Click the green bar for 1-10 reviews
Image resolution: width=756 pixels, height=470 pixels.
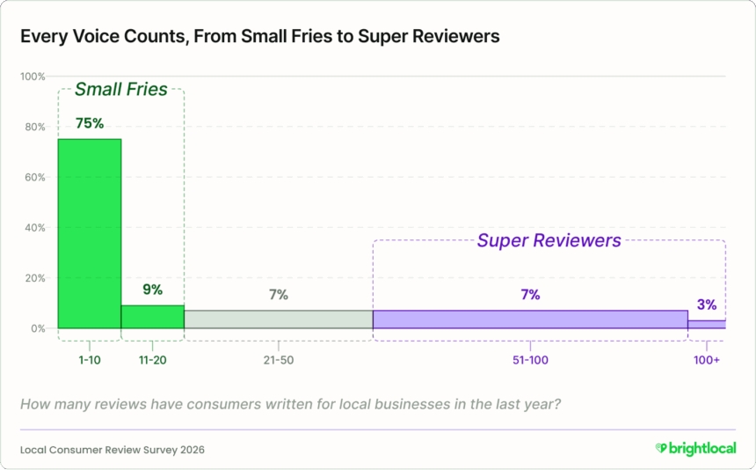tap(90, 233)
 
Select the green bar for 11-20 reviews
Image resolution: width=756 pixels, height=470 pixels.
tap(152, 317)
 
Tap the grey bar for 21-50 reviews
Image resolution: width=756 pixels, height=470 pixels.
tap(278, 319)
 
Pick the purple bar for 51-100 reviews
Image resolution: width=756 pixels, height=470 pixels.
tap(529, 319)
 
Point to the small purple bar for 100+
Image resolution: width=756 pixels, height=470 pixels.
tap(706, 324)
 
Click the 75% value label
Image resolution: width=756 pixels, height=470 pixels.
tap(90, 123)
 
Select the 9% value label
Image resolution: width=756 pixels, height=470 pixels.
tap(152, 289)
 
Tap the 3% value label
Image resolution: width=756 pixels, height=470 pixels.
tap(707, 305)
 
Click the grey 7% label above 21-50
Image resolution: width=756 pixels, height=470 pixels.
tap(278, 295)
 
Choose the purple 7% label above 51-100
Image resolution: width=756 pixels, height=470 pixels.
tap(529, 295)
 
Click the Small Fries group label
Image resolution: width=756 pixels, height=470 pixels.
tap(120, 89)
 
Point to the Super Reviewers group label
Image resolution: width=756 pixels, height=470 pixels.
tap(549, 240)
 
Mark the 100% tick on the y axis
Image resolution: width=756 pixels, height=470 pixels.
tap(33, 77)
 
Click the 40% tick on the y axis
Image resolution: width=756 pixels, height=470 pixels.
tap(33, 228)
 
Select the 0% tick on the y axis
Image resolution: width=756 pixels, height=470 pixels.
tap(36, 328)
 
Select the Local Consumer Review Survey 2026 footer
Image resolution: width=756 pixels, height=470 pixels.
tap(113, 449)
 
